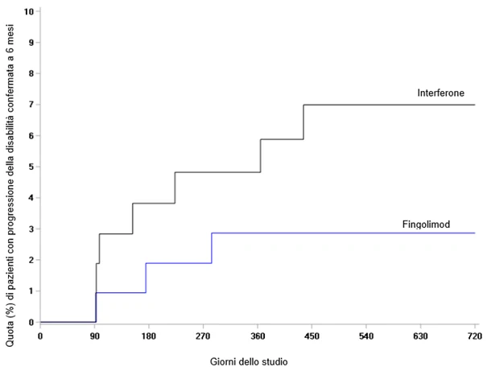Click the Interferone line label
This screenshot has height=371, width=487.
(x=441, y=93)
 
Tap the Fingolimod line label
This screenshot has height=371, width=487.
(x=426, y=225)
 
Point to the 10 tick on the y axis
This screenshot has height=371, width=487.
(x=28, y=11)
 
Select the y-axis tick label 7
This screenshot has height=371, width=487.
(x=31, y=105)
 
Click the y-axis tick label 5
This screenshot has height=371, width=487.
(x=31, y=167)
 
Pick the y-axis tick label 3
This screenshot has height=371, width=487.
(x=31, y=229)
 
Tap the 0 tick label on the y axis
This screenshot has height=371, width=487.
(x=31, y=322)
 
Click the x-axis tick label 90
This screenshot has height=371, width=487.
(x=95, y=336)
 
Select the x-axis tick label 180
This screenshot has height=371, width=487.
(x=149, y=336)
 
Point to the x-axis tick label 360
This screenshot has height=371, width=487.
(x=258, y=336)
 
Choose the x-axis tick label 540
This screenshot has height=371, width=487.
(x=366, y=336)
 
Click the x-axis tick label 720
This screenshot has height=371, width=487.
(x=475, y=336)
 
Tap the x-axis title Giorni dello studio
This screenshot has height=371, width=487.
(x=249, y=361)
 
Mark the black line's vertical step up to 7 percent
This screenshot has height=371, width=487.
(x=303, y=122)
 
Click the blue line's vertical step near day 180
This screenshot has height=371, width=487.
(x=146, y=278)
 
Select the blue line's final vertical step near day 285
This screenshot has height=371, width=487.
(x=212, y=248)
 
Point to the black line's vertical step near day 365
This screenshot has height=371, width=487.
(x=260, y=155)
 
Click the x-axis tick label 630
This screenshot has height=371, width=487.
(x=420, y=336)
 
